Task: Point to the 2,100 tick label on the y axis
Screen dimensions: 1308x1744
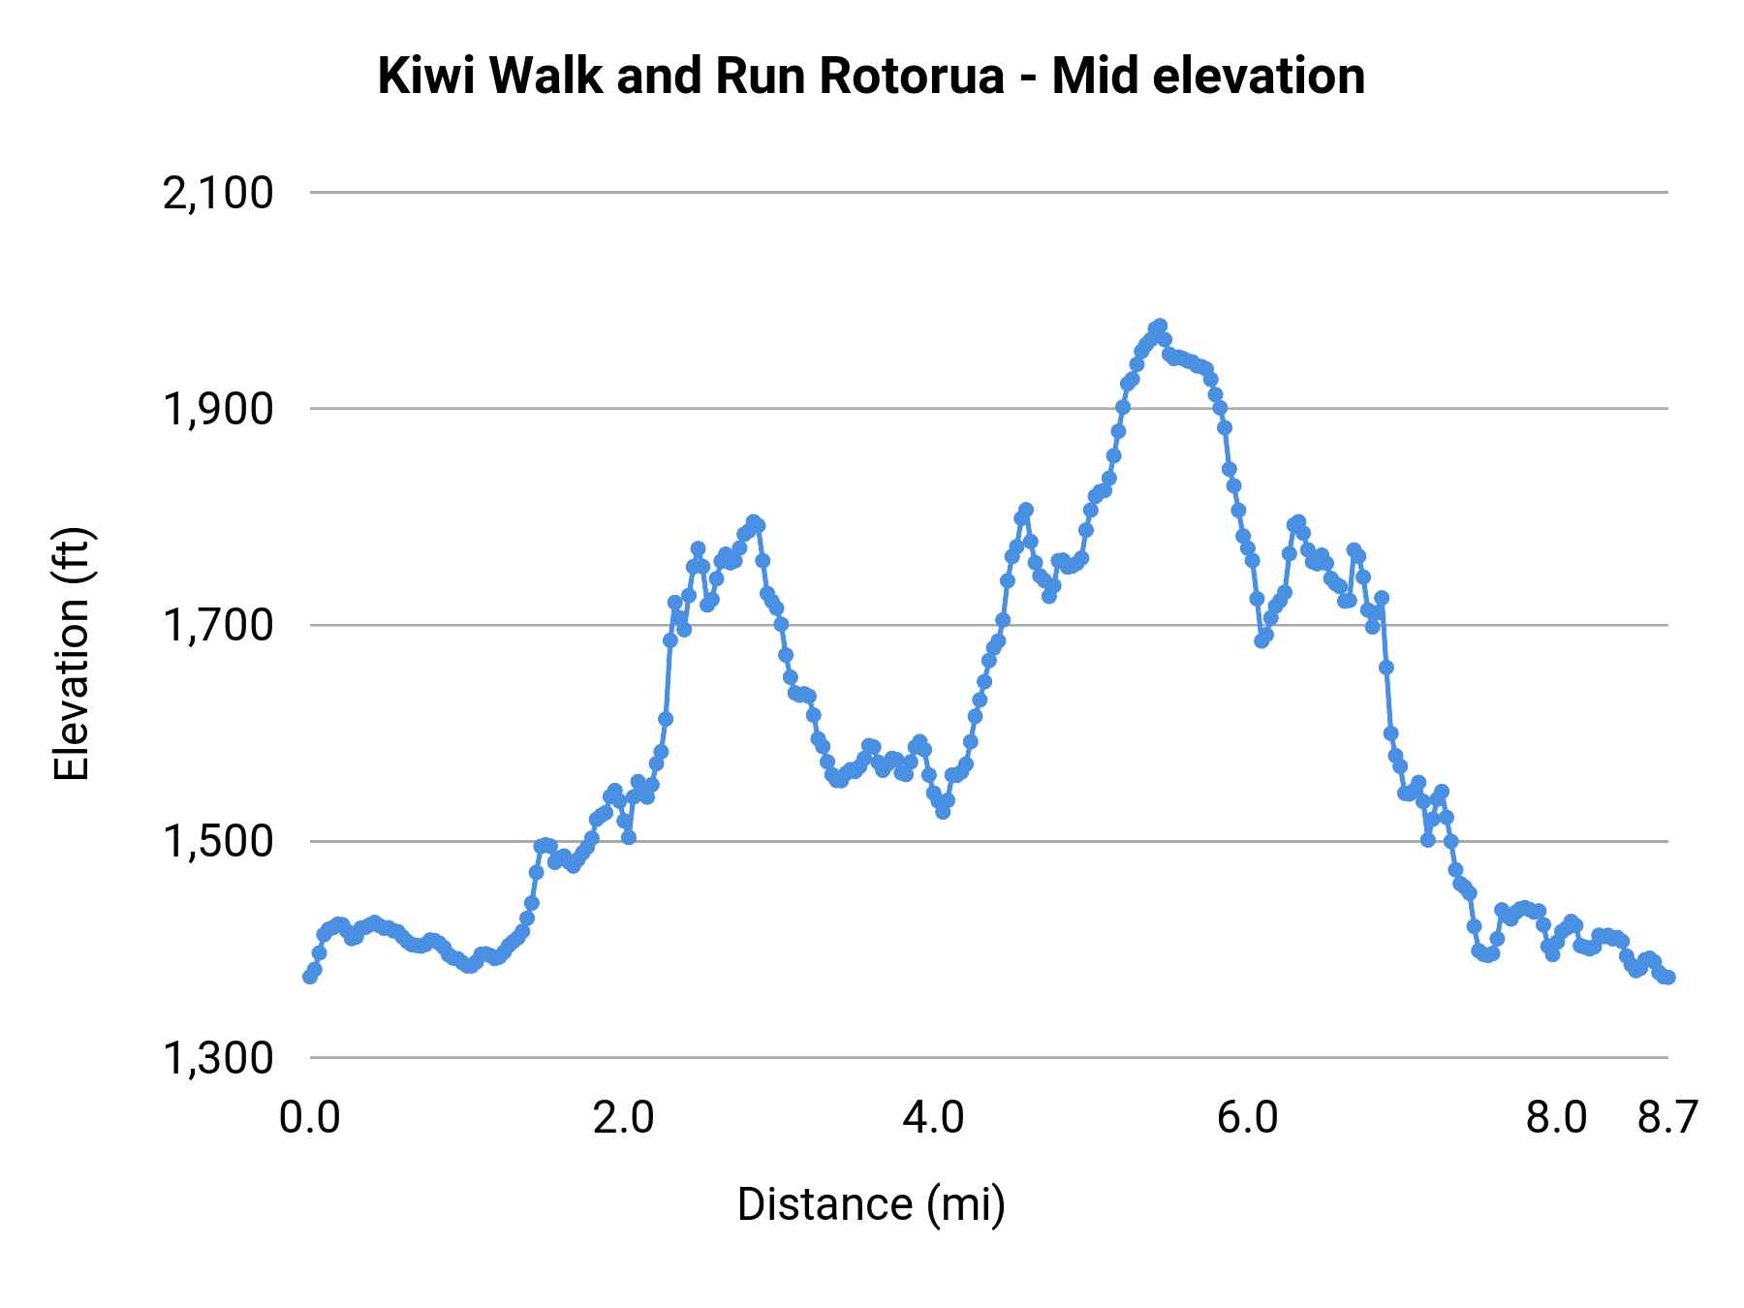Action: tap(218, 193)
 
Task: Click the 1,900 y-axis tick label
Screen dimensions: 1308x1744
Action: tap(218, 409)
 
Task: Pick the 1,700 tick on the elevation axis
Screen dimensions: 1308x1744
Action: tap(218, 625)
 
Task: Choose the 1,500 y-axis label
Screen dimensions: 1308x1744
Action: tap(218, 841)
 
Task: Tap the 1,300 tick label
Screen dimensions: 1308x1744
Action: tap(218, 1057)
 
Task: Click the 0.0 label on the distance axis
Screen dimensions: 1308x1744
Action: tap(310, 1118)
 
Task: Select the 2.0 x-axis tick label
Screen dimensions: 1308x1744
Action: tap(624, 1118)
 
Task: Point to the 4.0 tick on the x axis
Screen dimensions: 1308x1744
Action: tap(934, 1118)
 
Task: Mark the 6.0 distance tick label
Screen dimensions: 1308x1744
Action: tap(1248, 1118)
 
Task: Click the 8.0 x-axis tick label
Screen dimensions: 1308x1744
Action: tap(1556, 1118)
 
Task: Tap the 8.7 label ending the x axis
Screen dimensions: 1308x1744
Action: tap(1667, 1118)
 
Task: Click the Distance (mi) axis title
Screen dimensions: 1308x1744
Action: tap(871, 1204)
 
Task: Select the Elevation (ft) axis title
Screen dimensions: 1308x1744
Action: tap(72, 654)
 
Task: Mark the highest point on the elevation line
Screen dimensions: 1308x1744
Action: tap(1160, 326)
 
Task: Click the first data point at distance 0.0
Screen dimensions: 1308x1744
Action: tap(310, 977)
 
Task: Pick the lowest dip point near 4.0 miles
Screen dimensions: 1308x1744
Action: tap(943, 812)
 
